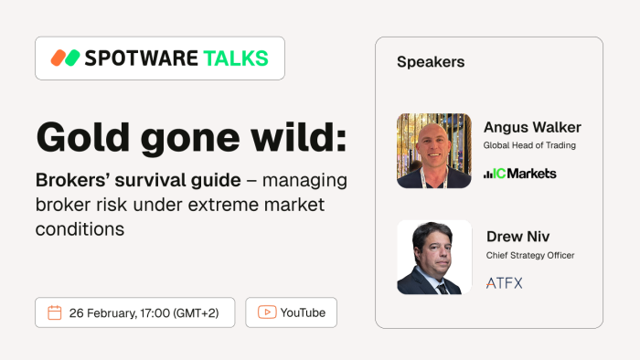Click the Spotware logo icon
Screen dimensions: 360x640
tap(65, 58)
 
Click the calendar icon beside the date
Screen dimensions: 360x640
tap(54, 312)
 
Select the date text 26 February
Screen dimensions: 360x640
tap(101, 312)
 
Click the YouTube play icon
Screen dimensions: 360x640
tap(267, 312)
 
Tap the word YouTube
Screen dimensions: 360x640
tap(303, 312)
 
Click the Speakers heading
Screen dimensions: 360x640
tap(431, 62)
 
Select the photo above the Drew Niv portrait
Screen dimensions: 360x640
tap(434, 151)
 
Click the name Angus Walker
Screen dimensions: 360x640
tap(532, 127)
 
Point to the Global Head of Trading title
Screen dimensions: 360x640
tap(530, 145)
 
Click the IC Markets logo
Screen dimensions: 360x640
tap(519, 174)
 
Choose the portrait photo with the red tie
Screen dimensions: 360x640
tap(434, 257)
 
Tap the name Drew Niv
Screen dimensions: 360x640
tap(517, 237)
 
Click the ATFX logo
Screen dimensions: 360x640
tap(505, 283)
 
